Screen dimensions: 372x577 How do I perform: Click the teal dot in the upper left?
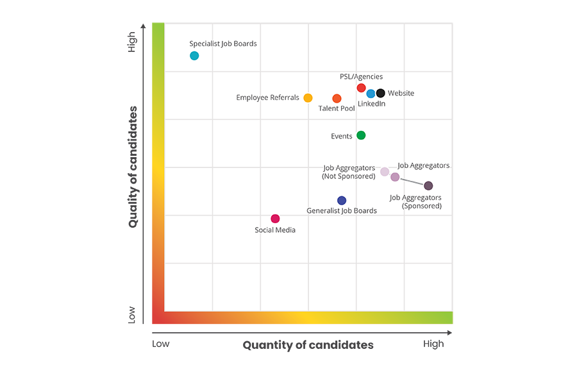[x=194, y=56]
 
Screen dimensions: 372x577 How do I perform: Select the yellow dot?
[x=308, y=98]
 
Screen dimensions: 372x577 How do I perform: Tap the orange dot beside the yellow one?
[x=337, y=99]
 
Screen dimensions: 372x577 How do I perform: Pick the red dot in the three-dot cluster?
[x=361, y=87]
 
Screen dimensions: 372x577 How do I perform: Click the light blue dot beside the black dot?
[x=371, y=94]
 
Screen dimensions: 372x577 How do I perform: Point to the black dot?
[x=381, y=94]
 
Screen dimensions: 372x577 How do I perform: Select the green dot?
[x=361, y=135]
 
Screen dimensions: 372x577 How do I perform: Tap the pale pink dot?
[x=385, y=171]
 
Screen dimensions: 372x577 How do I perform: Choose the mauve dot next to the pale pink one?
[x=395, y=176]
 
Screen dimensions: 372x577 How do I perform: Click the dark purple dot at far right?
[x=428, y=185]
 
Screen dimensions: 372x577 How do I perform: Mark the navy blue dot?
[x=342, y=201]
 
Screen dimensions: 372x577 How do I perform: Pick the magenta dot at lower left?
[x=275, y=219]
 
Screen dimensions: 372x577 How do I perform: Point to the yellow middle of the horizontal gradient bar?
[x=308, y=319]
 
